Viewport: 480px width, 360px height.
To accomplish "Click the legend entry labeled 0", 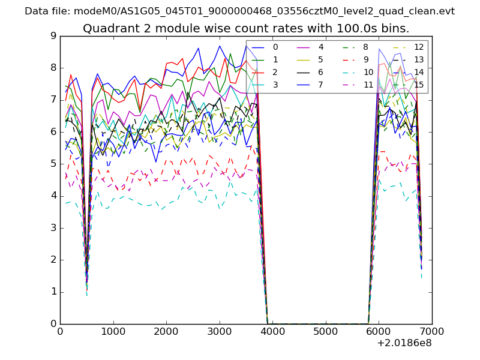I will pos(275,47).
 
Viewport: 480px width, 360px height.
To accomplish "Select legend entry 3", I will pos(275,85).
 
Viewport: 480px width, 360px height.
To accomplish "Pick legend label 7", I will pos(321,85).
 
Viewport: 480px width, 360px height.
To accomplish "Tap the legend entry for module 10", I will pos(368,72).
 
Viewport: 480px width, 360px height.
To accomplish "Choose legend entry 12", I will pos(419,47).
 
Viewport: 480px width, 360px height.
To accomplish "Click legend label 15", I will pos(419,85).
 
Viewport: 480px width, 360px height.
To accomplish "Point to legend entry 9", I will pos(366,59).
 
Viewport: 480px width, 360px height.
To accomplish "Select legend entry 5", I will pos(321,59).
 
